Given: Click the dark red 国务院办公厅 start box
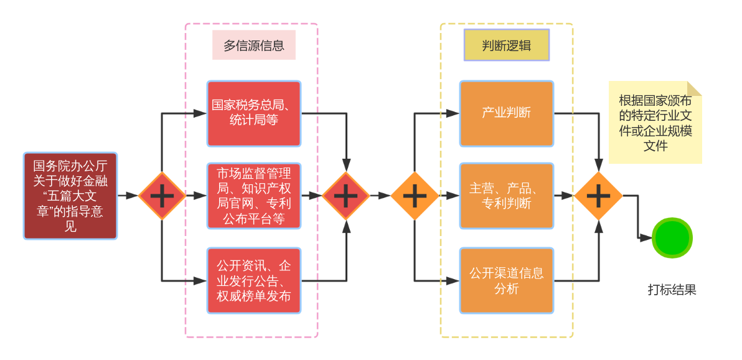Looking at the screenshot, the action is tap(70, 196).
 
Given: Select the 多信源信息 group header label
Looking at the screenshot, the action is tap(254, 45).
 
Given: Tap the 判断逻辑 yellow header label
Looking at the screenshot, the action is tap(506, 45).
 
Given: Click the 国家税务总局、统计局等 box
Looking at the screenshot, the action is tap(253, 114).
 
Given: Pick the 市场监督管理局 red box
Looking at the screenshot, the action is tap(253, 196).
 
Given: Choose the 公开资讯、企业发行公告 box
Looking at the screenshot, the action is tap(253, 280).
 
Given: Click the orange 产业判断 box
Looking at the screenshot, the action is tap(506, 114).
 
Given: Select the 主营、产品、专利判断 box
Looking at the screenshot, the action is tap(506, 196).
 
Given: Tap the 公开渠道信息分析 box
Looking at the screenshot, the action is tap(506, 280).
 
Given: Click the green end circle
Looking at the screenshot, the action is tap(672, 238).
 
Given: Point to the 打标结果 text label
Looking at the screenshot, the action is tap(672, 290).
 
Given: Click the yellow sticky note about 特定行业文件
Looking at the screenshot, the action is tap(655, 122).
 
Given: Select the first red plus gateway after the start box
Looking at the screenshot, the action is tap(162, 196).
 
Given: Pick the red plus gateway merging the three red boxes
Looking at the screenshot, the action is tap(346, 196).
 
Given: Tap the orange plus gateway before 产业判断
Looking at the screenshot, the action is tap(415, 196).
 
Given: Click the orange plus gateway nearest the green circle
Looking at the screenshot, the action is tap(599, 196).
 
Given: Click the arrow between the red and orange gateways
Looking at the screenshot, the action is tap(380, 196).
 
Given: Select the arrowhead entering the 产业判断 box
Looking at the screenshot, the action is tap(453, 114).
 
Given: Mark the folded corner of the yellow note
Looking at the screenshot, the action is tap(695, 88).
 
